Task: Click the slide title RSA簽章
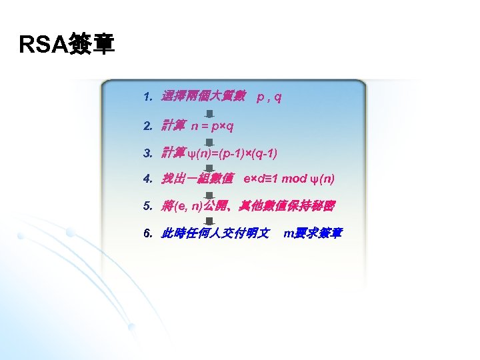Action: tap(67, 45)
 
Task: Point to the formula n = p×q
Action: tap(212, 125)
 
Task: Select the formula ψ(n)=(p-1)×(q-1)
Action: tap(233, 153)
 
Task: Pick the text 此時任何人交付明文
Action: tap(215, 233)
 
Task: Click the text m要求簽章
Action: tap(313, 233)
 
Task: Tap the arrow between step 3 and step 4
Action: tap(209, 167)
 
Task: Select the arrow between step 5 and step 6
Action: tap(209, 221)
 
